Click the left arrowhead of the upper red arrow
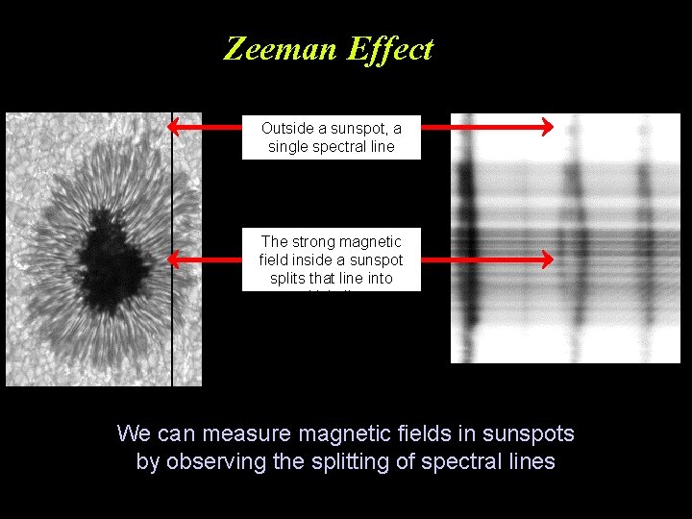click(173, 126)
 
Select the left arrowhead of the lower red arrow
click(173, 259)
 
